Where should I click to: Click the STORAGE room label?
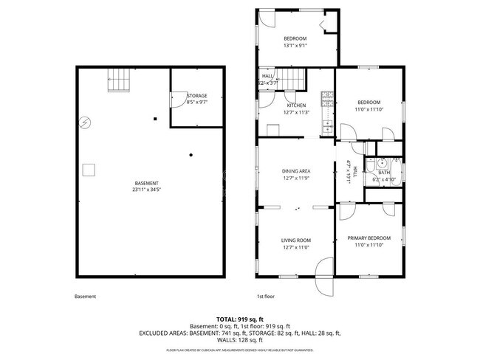(196, 96)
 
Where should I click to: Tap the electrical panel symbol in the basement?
(86, 122)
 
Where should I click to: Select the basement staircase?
(118, 80)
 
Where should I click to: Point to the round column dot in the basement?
(191, 154)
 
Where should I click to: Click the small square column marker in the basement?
(155, 119)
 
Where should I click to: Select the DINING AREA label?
(295, 170)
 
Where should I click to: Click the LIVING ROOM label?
(295, 240)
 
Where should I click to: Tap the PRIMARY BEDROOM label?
(369, 238)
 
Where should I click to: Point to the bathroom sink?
(383, 165)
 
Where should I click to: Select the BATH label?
(384, 173)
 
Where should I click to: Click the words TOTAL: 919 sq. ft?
(240, 318)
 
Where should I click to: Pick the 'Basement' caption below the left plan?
(85, 297)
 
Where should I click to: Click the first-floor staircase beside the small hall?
(295, 78)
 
